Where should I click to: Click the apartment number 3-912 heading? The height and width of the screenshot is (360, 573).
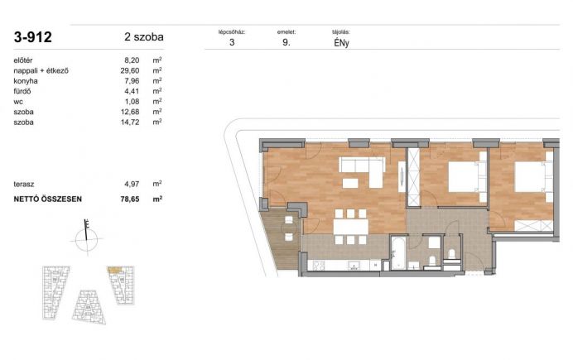[x=32, y=37]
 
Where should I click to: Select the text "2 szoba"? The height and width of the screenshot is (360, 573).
[x=143, y=37]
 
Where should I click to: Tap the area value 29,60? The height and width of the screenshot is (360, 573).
[x=130, y=71]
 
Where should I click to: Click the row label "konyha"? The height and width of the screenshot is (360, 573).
[x=26, y=81]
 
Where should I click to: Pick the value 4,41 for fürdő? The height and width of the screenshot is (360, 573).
[x=132, y=91]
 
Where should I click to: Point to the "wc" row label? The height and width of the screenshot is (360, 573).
[x=18, y=102]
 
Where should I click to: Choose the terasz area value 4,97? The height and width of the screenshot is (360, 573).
[x=132, y=184]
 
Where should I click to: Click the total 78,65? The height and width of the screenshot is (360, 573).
[x=130, y=199]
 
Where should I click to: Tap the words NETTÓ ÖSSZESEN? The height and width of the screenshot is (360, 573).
[x=47, y=199]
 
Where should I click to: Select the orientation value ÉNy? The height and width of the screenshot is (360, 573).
[x=341, y=43]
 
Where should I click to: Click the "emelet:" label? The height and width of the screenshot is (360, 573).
[x=286, y=32]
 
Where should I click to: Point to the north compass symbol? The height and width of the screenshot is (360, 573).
[x=87, y=237]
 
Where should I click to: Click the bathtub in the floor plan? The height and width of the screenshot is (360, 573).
[x=398, y=252]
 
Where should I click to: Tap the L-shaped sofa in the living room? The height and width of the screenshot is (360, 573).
[x=362, y=171]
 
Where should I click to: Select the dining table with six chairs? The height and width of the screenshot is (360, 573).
[x=350, y=227]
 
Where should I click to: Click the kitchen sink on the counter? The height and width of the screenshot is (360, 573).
[x=354, y=266]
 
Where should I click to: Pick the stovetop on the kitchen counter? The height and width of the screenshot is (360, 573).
[x=318, y=266]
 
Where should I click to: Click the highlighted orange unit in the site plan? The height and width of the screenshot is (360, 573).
[x=114, y=270]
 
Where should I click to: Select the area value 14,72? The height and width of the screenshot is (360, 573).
[x=130, y=122]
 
